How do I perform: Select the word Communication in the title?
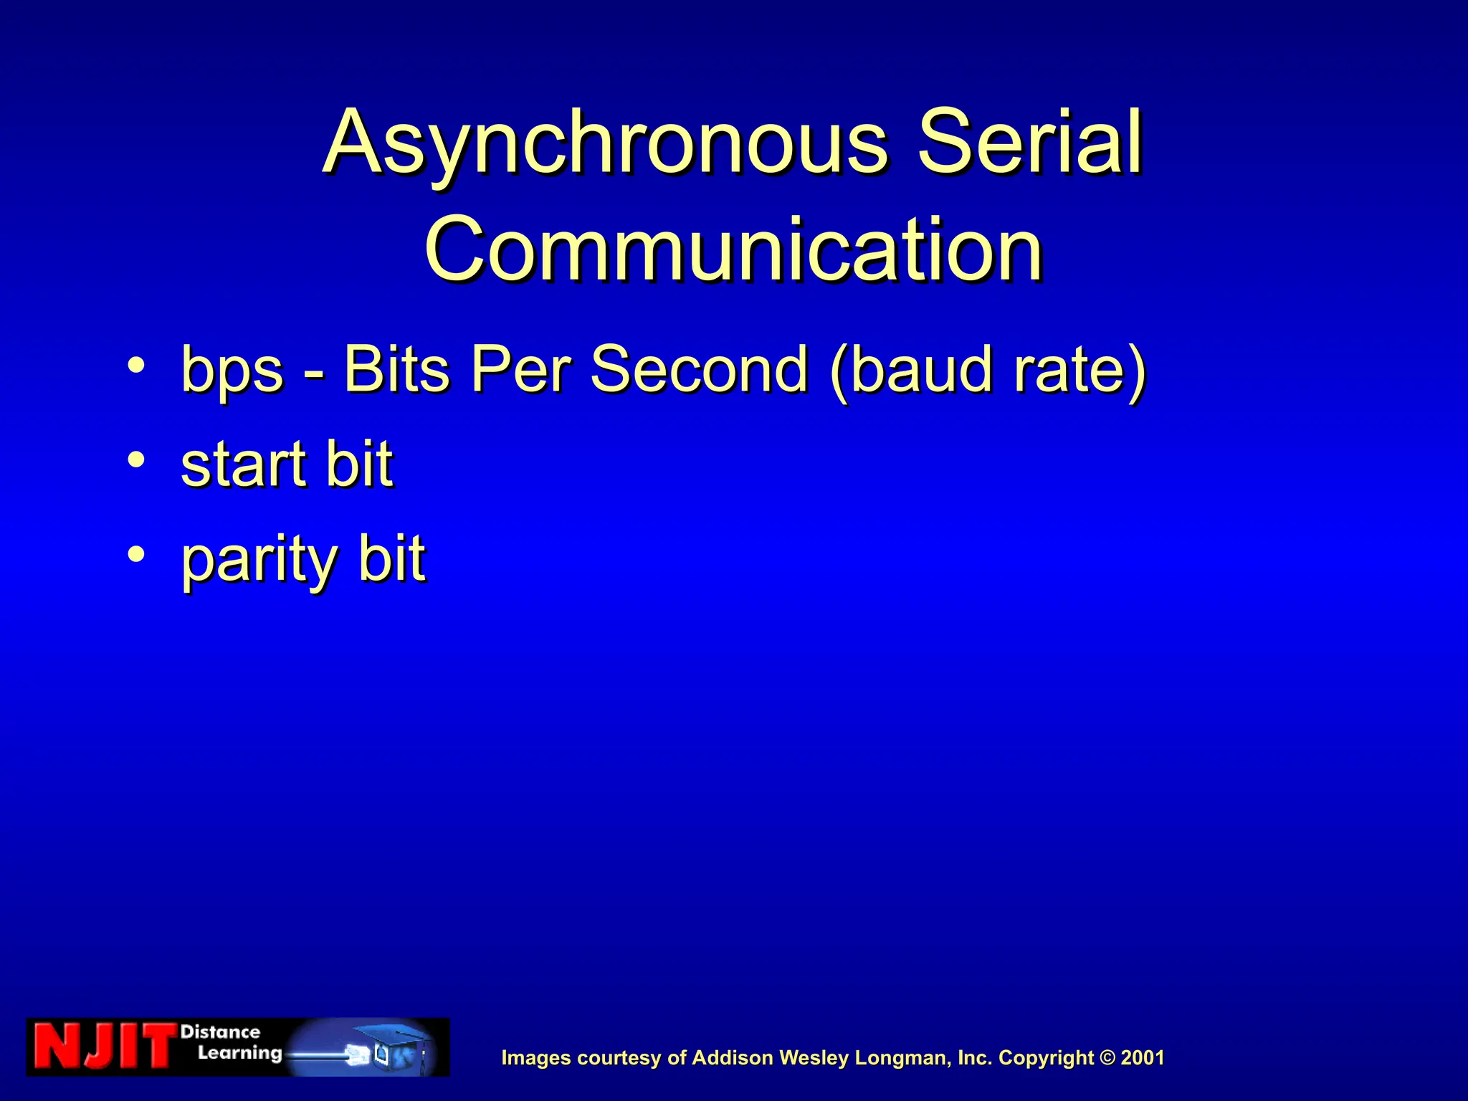733,249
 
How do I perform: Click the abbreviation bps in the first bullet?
232,370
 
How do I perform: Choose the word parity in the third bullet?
258,561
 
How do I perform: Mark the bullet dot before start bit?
136,459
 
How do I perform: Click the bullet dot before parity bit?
136,553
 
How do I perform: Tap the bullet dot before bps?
136,365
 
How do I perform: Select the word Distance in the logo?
220,1032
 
